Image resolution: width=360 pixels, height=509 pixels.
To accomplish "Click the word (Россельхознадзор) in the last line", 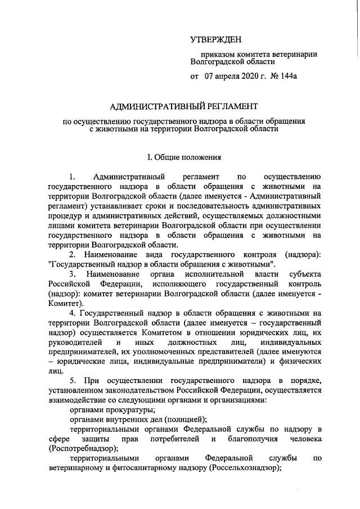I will click(x=245, y=469).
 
